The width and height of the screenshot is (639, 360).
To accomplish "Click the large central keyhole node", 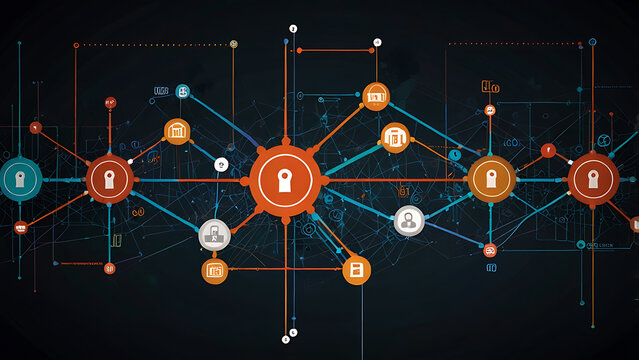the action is [x=286, y=180].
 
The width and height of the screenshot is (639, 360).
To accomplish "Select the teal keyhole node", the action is [x=19, y=179].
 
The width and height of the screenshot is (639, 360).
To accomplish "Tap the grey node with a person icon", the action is [x=408, y=221].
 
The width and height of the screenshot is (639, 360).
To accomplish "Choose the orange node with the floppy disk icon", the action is [x=356, y=269].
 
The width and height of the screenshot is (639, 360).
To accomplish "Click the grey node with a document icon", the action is [x=214, y=235].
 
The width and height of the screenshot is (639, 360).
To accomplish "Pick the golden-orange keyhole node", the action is [x=490, y=179].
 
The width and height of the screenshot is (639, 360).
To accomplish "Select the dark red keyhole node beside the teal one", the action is [x=109, y=180].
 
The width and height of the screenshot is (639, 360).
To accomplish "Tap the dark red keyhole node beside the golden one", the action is [x=593, y=179].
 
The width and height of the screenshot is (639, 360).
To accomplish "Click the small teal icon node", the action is [x=183, y=92].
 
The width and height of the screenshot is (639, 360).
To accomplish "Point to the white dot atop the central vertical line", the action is [x=293, y=29].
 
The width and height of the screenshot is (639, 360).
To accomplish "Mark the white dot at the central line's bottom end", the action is [x=292, y=332].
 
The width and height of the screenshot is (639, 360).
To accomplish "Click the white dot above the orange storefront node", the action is [x=377, y=42].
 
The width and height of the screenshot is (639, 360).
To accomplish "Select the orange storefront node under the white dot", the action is [x=376, y=96].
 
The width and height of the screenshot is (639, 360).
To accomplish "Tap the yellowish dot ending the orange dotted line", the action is [x=233, y=43].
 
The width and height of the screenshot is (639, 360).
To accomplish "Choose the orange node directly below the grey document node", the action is [x=214, y=269].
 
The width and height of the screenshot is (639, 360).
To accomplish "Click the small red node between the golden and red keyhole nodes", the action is [x=547, y=151].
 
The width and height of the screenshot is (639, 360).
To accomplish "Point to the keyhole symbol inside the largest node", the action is [x=286, y=180].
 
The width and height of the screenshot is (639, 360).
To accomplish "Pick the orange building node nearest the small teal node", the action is [x=177, y=130].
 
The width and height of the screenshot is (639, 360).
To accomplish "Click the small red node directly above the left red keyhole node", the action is [x=110, y=102].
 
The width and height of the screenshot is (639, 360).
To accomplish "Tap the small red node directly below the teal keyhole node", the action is [x=20, y=228].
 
